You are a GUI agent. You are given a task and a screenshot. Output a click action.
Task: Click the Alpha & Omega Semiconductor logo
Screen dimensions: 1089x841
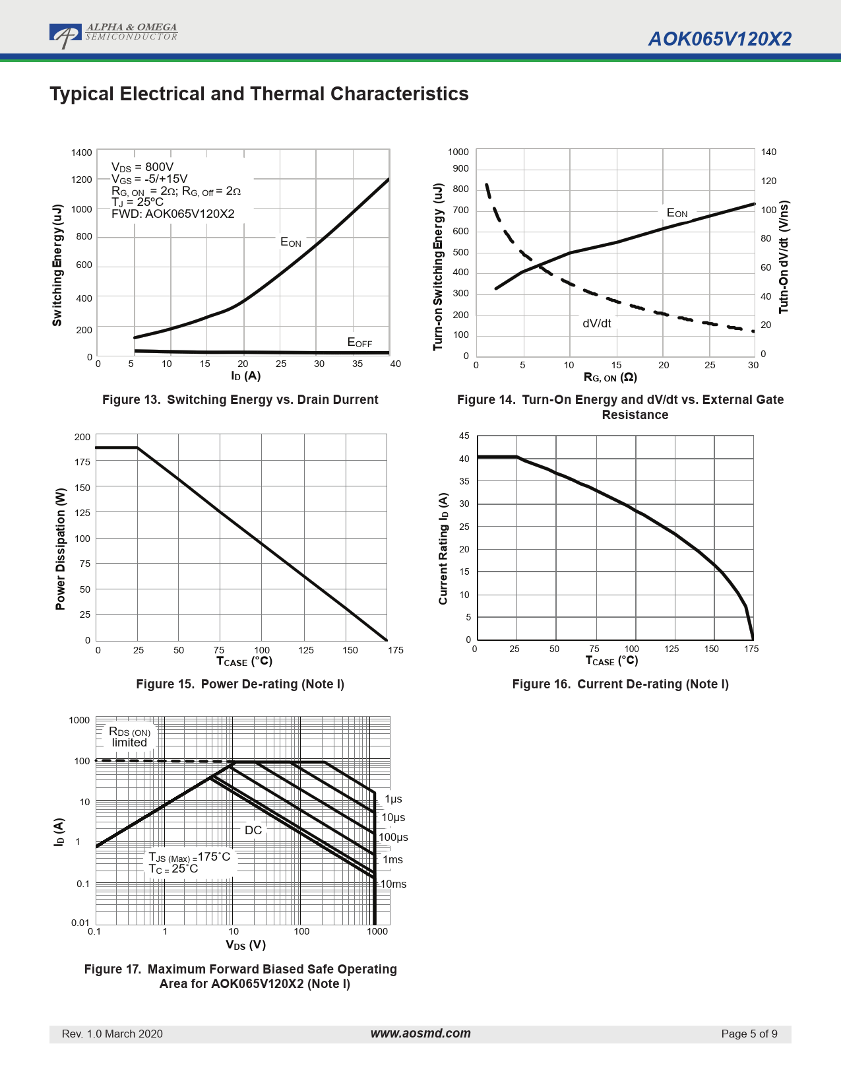click(x=113, y=34)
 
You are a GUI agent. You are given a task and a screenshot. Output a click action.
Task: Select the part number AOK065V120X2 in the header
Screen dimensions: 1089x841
click(x=720, y=39)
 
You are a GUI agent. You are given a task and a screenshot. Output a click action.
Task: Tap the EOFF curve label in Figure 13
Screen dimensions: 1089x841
click(x=359, y=342)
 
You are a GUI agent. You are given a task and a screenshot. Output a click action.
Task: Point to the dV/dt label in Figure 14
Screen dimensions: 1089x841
click(x=596, y=323)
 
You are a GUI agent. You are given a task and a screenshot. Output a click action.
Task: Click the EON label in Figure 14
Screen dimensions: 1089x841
click(x=677, y=213)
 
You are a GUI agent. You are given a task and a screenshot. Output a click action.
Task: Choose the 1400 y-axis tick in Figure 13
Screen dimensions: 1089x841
click(x=82, y=152)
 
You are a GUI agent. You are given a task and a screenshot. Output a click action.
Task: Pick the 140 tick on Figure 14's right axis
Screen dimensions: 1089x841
click(x=768, y=152)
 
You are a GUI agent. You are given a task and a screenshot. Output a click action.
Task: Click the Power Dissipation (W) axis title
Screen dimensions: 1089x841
click(x=61, y=549)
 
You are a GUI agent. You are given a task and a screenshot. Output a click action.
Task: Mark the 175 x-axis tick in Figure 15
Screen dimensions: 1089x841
click(x=395, y=650)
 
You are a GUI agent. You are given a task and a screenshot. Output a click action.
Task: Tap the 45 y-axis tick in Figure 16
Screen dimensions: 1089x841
click(x=464, y=436)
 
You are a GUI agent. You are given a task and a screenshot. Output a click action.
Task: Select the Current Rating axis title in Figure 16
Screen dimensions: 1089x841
click(x=443, y=548)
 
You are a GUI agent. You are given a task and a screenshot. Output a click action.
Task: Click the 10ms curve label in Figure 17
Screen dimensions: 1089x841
click(x=393, y=884)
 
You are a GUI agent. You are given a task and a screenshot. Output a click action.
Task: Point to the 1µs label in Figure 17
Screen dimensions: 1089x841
click(x=393, y=799)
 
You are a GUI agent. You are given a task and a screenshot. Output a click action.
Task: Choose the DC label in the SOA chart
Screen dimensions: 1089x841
click(x=253, y=830)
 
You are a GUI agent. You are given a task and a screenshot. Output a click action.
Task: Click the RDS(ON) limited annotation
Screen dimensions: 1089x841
click(x=129, y=737)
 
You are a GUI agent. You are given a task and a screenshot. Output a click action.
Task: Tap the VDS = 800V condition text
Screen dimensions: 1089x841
click(x=142, y=167)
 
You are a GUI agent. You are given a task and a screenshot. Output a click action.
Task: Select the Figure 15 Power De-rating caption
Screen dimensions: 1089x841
click(x=240, y=684)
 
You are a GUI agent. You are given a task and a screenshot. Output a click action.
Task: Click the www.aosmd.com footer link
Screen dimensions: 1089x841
click(x=420, y=1034)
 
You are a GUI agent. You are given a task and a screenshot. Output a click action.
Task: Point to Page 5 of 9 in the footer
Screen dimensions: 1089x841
click(x=749, y=1034)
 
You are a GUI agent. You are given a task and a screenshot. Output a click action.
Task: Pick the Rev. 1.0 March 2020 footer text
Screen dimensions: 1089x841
click(x=112, y=1034)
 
